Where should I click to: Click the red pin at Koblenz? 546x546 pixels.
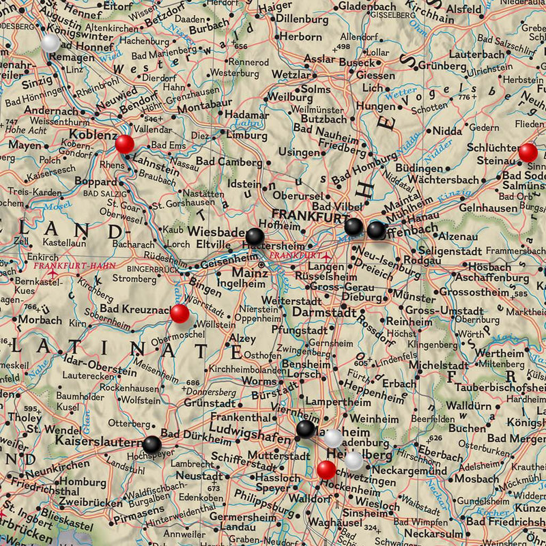[x=125, y=144]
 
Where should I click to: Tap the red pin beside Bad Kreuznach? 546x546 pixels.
[x=179, y=314]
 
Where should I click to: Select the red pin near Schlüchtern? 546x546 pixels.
[x=528, y=152]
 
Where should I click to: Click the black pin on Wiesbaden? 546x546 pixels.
[x=255, y=237]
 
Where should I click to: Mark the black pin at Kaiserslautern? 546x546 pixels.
[x=152, y=444]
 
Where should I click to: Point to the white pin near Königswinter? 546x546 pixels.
[x=50, y=42]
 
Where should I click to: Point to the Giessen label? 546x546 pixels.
[x=375, y=75]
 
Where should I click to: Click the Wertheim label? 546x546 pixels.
[x=500, y=353]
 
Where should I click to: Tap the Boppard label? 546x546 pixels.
[x=96, y=182]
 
